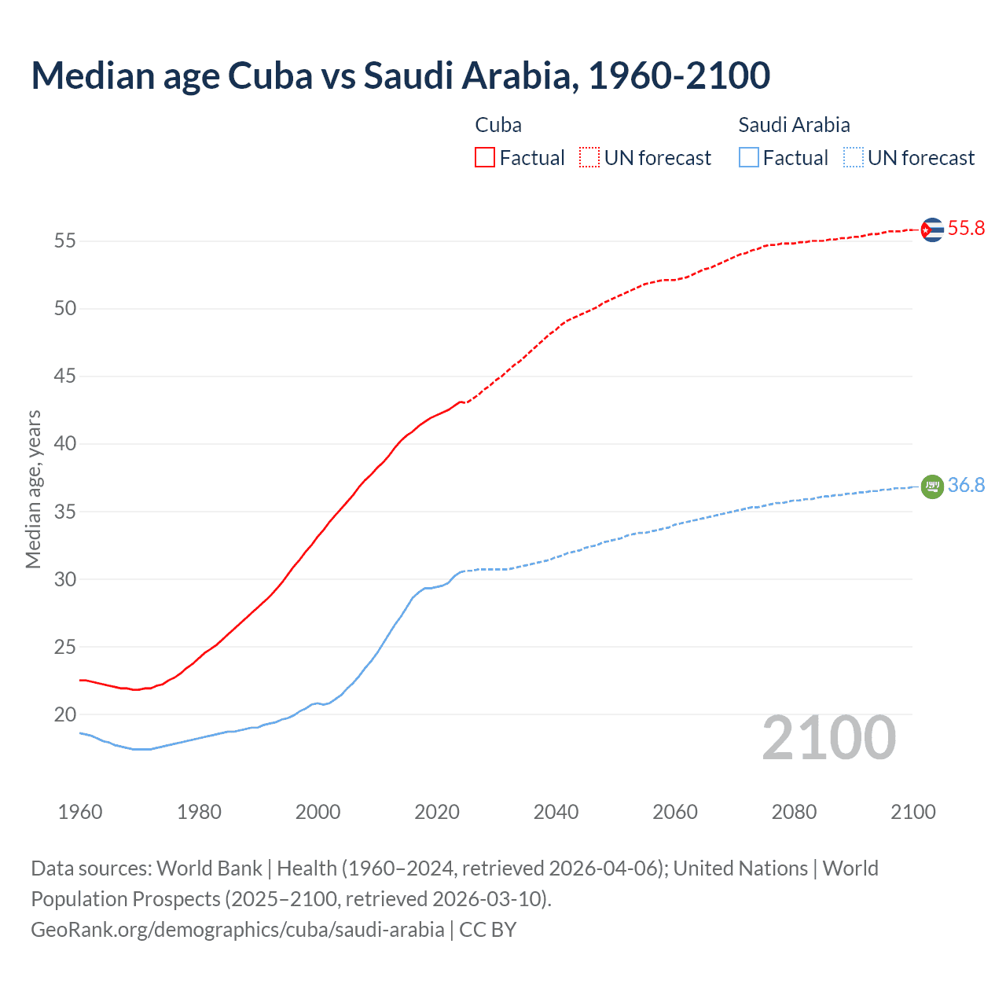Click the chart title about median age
[x=400, y=75]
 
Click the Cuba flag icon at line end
[x=932, y=229]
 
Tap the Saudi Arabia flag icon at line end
[x=932, y=486]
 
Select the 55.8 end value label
[x=966, y=229]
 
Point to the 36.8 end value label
[x=966, y=486]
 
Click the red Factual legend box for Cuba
[x=485, y=158]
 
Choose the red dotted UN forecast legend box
[x=589, y=158]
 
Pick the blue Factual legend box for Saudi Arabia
[x=749, y=158]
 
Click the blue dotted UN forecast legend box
[x=854, y=158]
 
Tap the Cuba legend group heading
[x=498, y=125]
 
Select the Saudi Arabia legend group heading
[x=794, y=125]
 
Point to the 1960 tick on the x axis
[x=80, y=812]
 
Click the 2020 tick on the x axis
[x=437, y=812]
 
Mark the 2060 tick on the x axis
[x=675, y=812]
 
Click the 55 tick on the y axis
[x=65, y=240]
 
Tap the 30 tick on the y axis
[x=65, y=579]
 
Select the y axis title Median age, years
[x=33, y=489]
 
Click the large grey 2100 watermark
[x=829, y=737]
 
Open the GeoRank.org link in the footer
[x=237, y=930]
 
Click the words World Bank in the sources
[x=209, y=868]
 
